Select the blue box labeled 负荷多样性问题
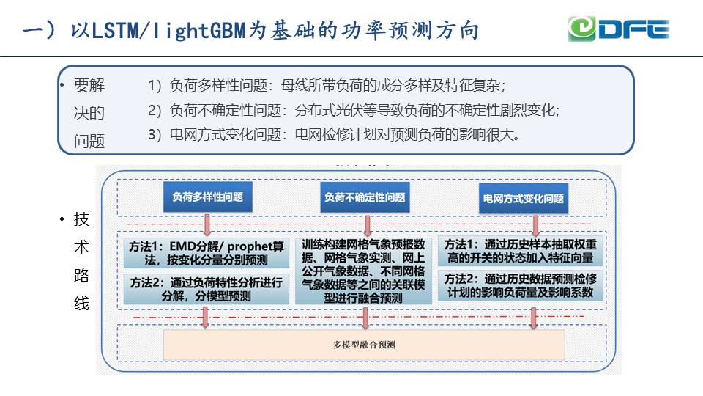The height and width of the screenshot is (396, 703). pos(207,198)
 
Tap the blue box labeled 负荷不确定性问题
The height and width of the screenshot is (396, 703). pos(365,198)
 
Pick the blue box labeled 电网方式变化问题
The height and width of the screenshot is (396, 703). pos(523,199)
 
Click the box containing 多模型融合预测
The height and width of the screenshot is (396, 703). pos(364,345)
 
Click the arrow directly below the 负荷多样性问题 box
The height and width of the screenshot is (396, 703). pos(207,223)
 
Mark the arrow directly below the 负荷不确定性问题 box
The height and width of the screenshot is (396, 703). pos(365,223)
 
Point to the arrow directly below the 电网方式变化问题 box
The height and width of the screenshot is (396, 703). pos(535,224)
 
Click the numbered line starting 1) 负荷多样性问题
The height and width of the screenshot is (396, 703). pos(327,86)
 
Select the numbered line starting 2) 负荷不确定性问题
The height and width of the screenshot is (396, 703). pos(354,111)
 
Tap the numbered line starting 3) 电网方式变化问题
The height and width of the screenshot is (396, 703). pos(334,135)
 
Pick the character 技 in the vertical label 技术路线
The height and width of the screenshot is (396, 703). pos(81,220)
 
